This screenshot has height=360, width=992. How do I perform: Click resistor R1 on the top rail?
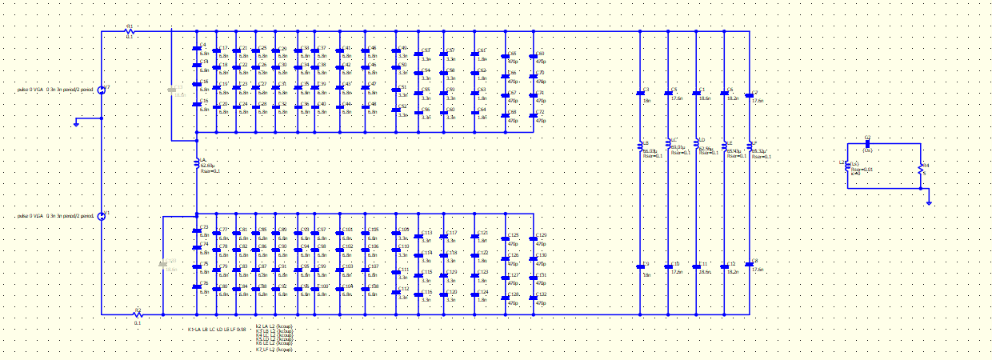[x=130, y=31]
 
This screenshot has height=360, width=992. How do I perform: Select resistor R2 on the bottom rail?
[x=137, y=314]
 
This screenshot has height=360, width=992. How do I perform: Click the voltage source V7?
[x=102, y=90]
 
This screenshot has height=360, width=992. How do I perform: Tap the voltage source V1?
[x=102, y=216]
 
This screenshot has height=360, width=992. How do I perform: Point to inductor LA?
[x=197, y=164]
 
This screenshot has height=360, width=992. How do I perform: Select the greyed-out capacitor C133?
[x=166, y=262]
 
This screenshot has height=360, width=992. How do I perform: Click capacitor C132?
[x=534, y=300]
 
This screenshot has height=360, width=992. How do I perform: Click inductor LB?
[x=640, y=146]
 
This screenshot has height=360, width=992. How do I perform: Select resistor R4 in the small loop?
[x=920, y=168]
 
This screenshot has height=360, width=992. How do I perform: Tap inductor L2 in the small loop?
[x=848, y=166]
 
